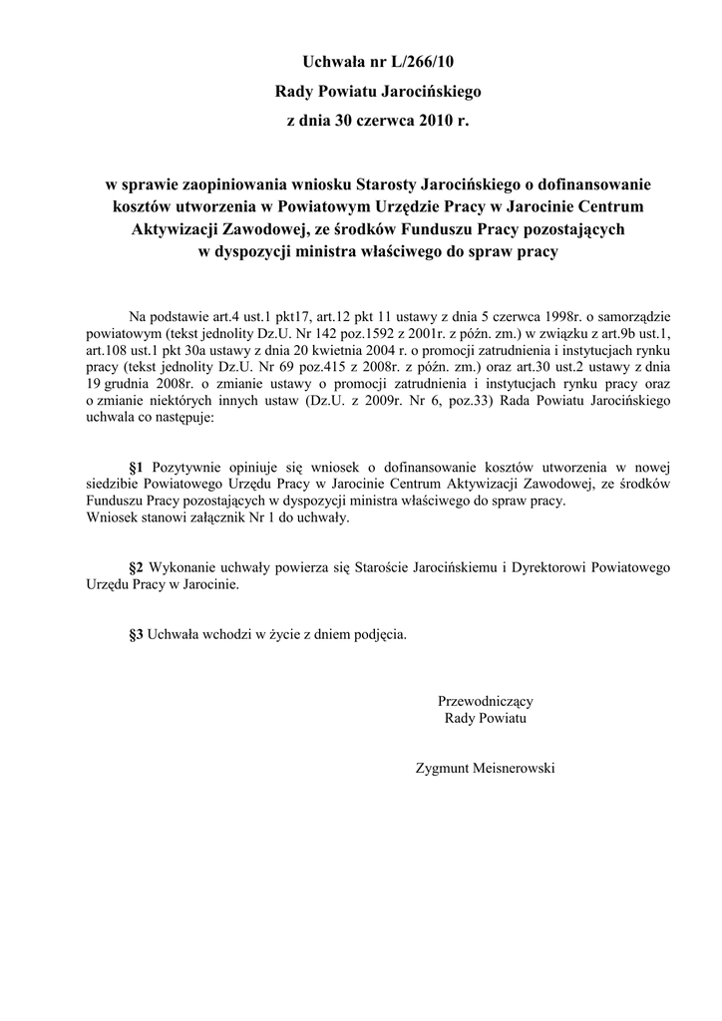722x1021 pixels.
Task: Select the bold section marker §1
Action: [139, 467]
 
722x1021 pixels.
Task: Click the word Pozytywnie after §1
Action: [189, 467]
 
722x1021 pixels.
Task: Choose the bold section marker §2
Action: [139, 567]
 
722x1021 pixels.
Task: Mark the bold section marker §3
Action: [139, 633]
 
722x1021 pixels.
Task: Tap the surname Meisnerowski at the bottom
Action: [520, 768]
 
